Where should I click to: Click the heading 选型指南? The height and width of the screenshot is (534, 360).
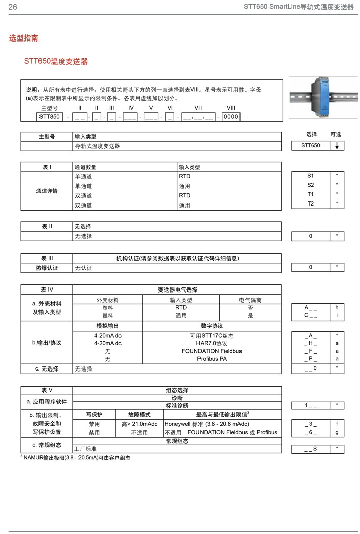tap(23, 38)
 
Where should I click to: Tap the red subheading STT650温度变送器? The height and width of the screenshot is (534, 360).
tap(56, 61)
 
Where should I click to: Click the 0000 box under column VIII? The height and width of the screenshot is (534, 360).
tap(230, 117)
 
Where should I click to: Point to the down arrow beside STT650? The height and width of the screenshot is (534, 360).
tap(337, 146)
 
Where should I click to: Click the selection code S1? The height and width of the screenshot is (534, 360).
tap(311, 175)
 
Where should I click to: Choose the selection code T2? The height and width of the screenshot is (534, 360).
tap(311, 203)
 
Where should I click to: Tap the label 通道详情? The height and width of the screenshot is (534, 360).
tap(47, 191)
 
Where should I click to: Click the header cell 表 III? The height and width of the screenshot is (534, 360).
tap(47, 258)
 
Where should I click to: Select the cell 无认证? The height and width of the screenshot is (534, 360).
tap(84, 268)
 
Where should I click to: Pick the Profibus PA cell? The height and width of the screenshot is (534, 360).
tap(212, 359)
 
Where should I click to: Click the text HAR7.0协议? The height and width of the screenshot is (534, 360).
tap(212, 343)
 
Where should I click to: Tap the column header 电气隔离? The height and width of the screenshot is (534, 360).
tap(250, 300)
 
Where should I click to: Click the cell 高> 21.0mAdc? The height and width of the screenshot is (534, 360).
tap(139, 424)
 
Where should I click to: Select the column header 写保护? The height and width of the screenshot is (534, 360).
tap(94, 414)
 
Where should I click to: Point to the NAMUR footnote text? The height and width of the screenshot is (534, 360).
tap(76, 458)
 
